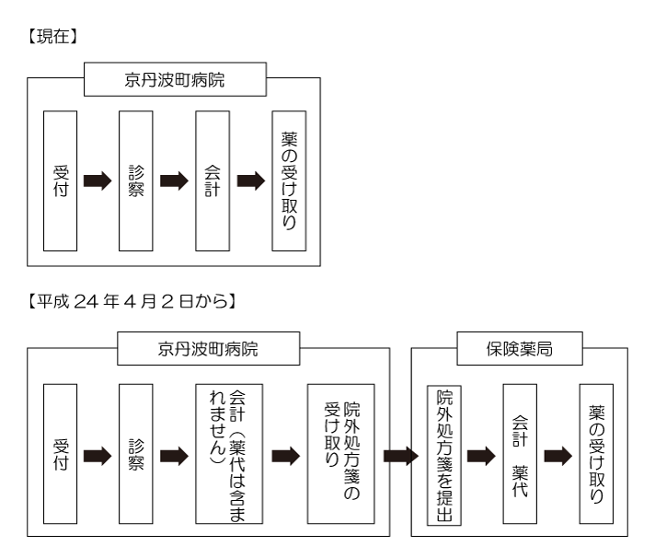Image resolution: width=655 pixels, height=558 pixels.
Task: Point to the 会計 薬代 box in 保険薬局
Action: coord(518,454)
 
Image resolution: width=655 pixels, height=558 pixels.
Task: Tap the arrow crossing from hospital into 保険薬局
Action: coord(399,454)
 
